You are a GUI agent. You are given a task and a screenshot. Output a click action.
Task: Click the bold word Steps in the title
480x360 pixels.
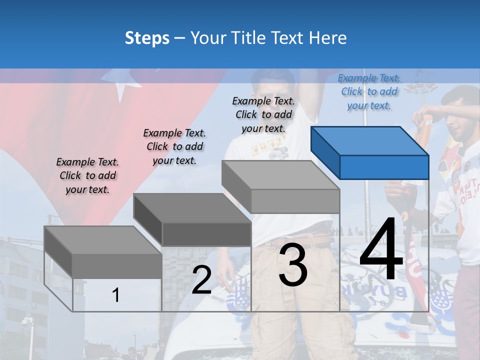click(147, 38)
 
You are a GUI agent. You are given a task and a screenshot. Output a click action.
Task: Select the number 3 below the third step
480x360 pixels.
click(293, 265)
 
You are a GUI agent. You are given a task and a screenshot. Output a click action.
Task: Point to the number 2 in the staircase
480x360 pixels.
click(201, 280)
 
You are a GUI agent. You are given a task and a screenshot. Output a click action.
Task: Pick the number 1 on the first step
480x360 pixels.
click(116, 295)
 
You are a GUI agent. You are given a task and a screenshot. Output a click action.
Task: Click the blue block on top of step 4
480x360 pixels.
click(370, 152)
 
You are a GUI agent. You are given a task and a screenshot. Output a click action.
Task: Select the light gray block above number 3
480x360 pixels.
click(281, 186)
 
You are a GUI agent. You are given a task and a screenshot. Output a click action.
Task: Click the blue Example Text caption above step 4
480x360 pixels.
click(369, 91)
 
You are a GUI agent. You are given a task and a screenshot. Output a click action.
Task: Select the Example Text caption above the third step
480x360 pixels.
click(263, 114)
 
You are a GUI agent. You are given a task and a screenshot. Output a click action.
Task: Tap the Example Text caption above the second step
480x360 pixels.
click(174, 146)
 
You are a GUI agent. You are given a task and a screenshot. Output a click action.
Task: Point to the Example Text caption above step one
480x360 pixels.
click(87, 175)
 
